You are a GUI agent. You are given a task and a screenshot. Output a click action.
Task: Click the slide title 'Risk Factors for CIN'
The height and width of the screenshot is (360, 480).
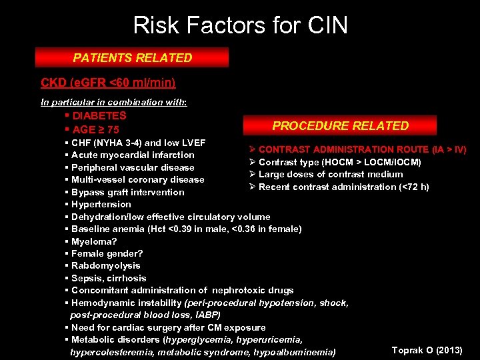(240, 25)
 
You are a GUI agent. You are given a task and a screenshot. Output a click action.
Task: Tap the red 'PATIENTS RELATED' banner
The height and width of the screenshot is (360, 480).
(132, 58)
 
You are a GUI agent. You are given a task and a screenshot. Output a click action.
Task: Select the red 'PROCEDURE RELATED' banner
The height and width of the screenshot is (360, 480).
(340, 125)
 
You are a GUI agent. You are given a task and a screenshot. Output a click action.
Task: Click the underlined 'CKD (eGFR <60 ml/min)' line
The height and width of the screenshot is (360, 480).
(108, 83)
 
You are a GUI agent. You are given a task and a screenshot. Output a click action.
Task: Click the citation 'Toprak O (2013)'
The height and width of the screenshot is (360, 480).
(427, 350)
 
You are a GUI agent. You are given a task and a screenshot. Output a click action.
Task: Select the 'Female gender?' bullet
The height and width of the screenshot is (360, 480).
(107, 253)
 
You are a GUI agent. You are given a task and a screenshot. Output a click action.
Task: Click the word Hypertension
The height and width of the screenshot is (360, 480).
(101, 204)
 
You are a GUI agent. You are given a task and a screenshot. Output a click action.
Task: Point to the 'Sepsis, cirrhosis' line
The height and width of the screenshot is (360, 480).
(108, 278)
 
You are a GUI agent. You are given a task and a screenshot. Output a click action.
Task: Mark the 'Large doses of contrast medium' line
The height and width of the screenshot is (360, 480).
(330, 174)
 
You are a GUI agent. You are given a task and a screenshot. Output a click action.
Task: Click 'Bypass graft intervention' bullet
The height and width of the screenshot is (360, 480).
(127, 192)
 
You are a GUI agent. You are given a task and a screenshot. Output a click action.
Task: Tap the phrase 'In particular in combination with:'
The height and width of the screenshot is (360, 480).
(114, 103)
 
